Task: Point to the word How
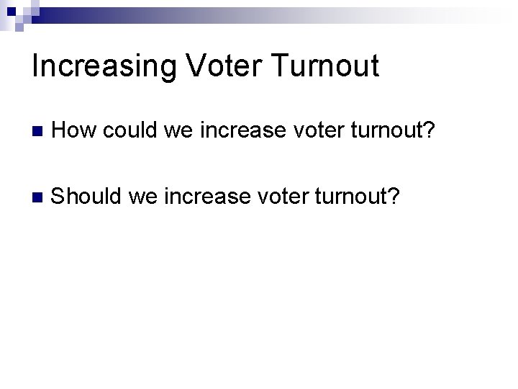(75, 131)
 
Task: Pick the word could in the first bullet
(130, 131)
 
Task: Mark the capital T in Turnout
(281, 66)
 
